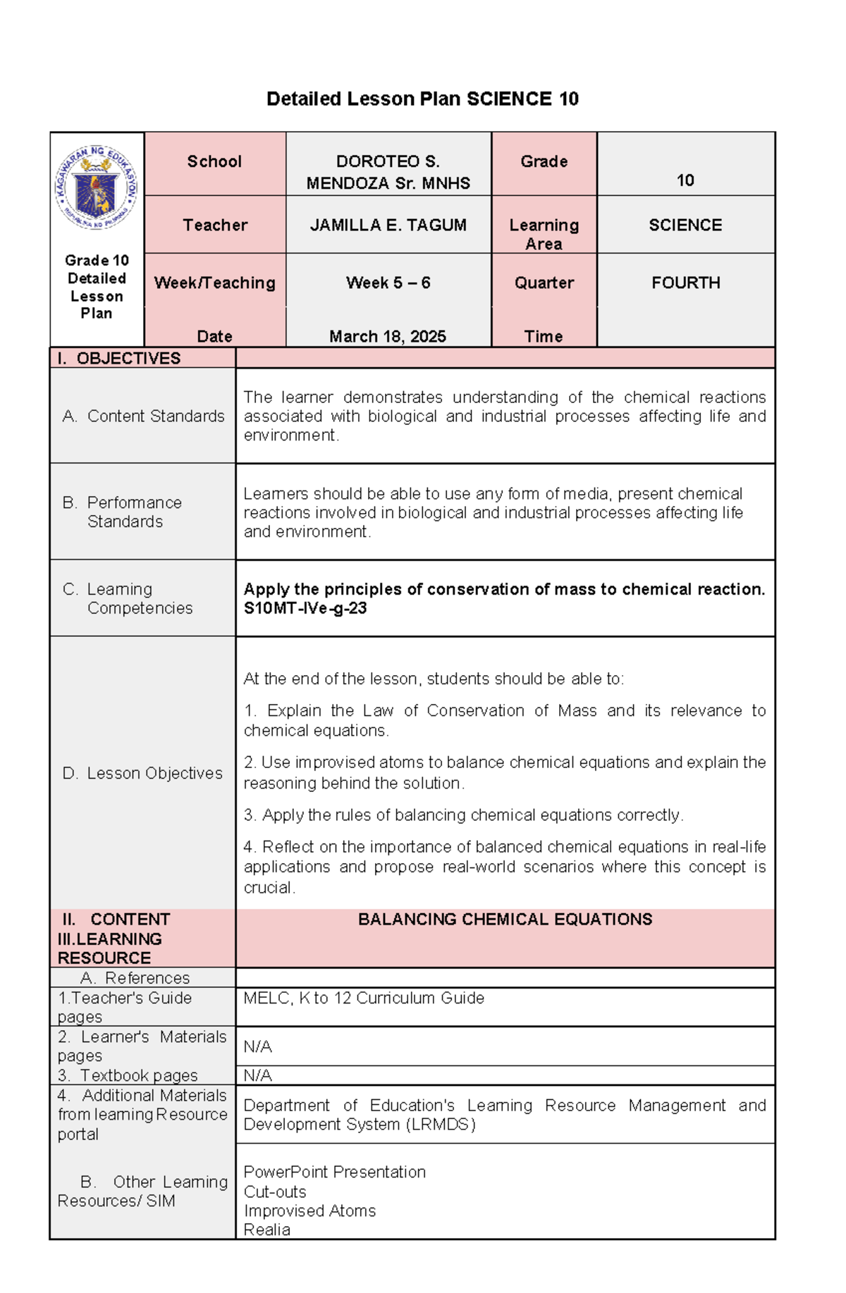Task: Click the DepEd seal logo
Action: pos(97,187)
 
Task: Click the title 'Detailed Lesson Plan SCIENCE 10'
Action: pos(422,99)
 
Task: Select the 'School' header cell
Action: pos(214,162)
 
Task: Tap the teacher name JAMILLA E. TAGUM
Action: pos(388,225)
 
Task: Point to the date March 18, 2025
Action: pos(388,337)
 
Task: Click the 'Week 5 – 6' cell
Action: pos(388,283)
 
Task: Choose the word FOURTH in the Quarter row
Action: pos(685,283)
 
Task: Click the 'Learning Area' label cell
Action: pos(544,234)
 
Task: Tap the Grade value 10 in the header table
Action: pos(685,181)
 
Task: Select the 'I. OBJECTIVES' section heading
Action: pos(119,359)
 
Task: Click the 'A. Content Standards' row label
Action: pos(143,416)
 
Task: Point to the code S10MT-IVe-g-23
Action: pos(305,608)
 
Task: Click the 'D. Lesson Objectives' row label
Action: pos(142,774)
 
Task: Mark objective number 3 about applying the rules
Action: pos(463,815)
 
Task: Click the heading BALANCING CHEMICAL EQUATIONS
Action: pos(505,920)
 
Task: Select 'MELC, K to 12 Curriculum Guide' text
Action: pos(364,998)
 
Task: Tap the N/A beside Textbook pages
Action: pos(257,1076)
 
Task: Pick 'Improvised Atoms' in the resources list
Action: pos(309,1211)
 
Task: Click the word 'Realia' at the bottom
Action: pos(266,1230)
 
